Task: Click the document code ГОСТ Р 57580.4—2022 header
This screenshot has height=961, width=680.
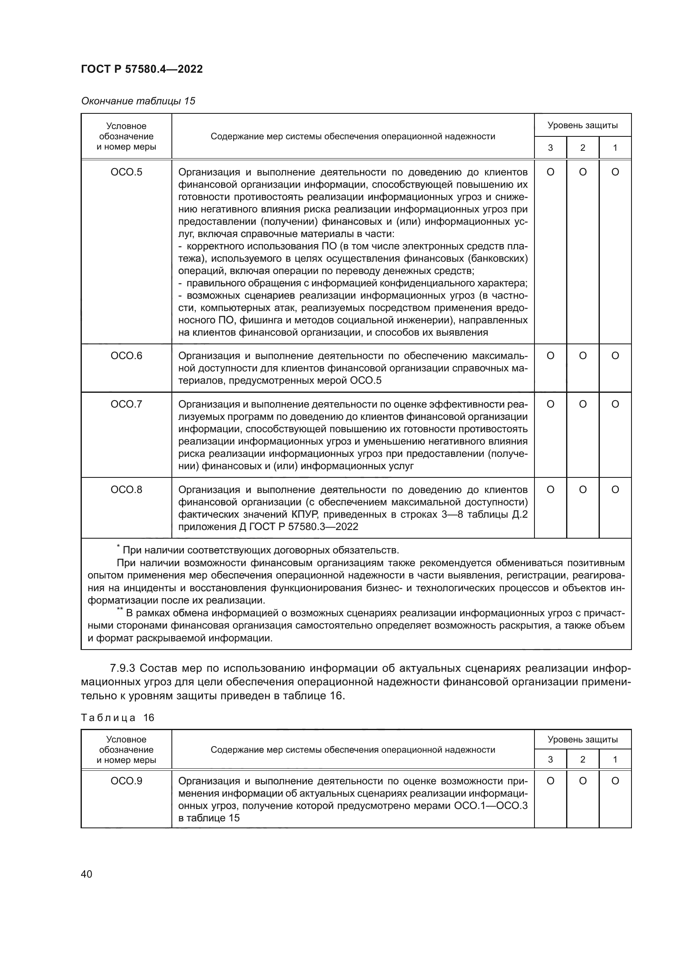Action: tap(141, 69)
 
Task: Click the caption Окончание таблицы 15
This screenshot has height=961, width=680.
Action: tap(138, 101)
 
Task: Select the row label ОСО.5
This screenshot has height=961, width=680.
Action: tap(126, 172)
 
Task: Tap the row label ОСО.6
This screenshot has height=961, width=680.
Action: tap(126, 356)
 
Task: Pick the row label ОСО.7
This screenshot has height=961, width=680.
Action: tap(126, 404)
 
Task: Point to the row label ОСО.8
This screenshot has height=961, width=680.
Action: tap(126, 489)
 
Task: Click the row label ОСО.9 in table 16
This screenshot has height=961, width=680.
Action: tap(126, 781)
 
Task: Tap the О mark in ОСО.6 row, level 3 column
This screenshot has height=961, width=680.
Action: tap(550, 356)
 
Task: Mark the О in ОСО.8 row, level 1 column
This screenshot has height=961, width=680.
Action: tap(615, 489)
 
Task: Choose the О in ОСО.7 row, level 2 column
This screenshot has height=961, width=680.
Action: tap(583, 404)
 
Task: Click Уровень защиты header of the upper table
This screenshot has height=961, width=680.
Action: tap(583, 125)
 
